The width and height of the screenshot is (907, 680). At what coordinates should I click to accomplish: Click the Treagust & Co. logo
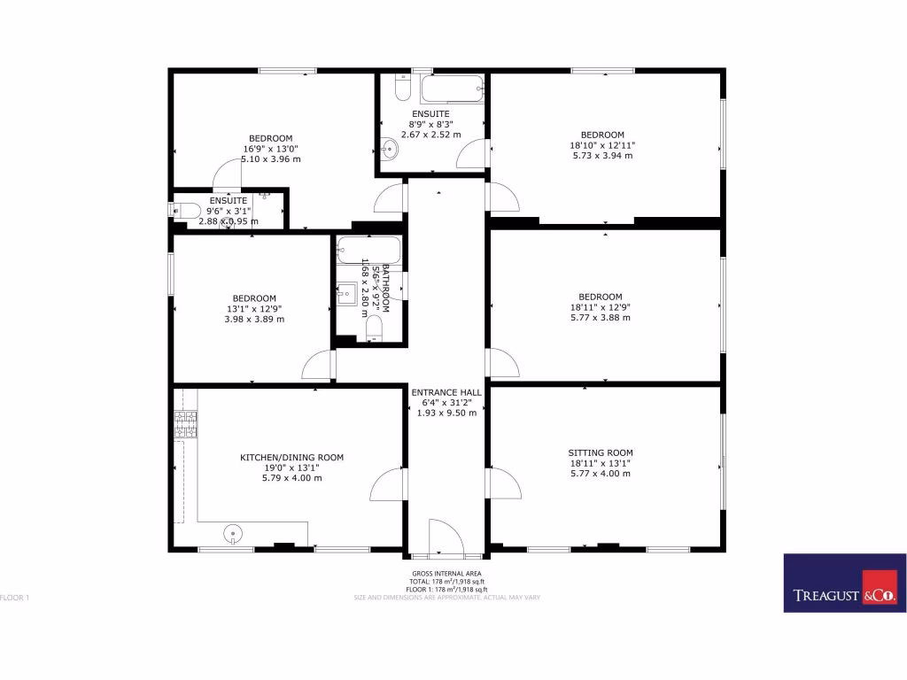844,583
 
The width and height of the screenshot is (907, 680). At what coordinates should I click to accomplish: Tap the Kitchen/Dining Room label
291,458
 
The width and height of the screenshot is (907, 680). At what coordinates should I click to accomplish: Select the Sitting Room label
601,452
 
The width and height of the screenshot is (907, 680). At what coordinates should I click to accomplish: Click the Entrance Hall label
446,392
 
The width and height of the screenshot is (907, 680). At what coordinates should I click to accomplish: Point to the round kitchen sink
233,534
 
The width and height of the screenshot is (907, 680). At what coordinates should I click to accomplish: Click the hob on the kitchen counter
186,425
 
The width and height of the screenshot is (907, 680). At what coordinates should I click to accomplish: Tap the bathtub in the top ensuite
452,89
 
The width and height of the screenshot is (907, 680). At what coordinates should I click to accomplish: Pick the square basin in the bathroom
347,291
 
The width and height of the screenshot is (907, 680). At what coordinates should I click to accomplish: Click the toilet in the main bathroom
374,328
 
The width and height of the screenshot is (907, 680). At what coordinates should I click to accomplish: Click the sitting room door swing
503,484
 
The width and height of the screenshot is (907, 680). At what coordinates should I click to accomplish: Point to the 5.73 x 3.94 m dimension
602,156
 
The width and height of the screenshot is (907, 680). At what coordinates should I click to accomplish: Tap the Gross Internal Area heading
446,574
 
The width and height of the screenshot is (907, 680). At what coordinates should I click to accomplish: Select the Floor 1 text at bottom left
15,598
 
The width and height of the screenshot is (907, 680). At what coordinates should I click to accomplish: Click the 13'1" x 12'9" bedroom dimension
253,308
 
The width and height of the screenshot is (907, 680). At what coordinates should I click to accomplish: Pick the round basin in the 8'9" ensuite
391,150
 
